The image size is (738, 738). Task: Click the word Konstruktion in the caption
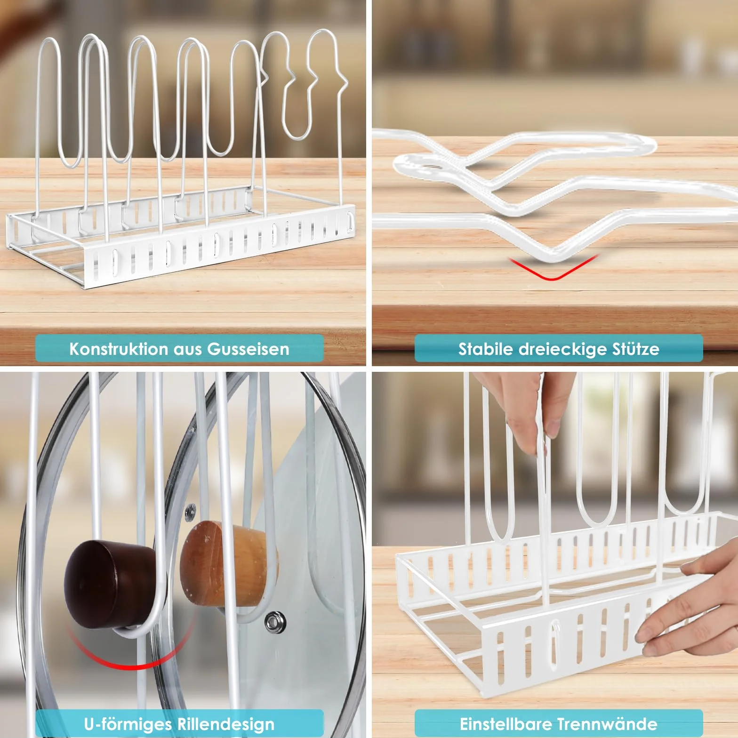119,349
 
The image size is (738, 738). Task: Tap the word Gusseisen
248,349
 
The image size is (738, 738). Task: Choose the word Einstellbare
507,723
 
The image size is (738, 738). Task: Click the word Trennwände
608,723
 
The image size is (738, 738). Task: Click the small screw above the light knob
191,510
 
